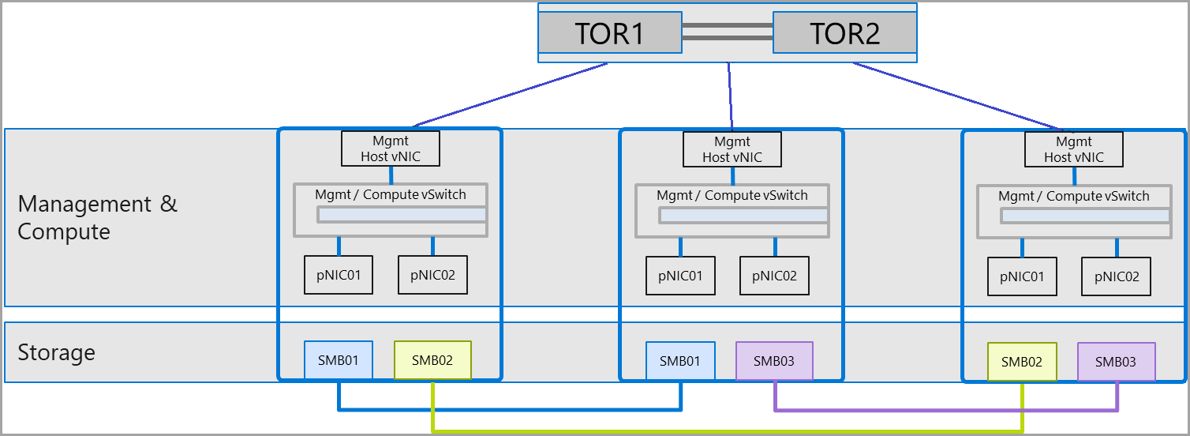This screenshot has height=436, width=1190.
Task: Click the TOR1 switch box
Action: pyautogui.click(x=609, y=33)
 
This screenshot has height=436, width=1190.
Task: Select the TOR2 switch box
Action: pyautogui.click(x=844, y=33)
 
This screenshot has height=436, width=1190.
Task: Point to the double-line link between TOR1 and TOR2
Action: pyautogui.click(x=727, y=32)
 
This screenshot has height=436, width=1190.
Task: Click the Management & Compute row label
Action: pyautogui.click(x=97, y=218)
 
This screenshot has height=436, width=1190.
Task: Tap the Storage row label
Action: pyautogui.click(x=56, y=352)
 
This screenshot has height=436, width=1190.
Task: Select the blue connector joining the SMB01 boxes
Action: pyautogui.click(x=509, y=409)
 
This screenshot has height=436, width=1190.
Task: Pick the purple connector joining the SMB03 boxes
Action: pyautogui.click(x=947, y=409)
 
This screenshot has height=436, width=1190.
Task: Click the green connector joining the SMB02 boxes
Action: pyautogui.click(x=726, y=431)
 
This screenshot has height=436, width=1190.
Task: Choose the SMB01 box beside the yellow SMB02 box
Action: pyautogui.click(x=338, y=360)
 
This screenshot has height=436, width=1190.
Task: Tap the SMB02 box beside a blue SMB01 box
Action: pyautogui.click(x=432, y=360)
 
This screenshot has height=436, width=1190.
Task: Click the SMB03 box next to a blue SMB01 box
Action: pyautogui.click(x=774, y=361)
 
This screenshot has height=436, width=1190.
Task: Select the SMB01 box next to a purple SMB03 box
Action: pyautogui.click(x=680, y=361)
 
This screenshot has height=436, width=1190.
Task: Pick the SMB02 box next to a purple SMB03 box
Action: pyautogui.click(x=1022, y=362)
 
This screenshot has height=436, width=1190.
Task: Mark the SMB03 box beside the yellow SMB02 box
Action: pyautogui.click(x=1116, y=362)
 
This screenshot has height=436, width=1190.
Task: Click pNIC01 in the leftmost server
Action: pyautogui.click(x=339, y=275)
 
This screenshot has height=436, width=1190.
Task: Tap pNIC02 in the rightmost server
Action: pyautogui.click(x=1117, y=276)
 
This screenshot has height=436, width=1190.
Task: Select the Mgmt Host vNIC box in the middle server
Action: pyautogui.click(x=732, y=148)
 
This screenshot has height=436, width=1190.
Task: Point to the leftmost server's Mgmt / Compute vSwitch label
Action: pyautogui.click(x=391, y=194)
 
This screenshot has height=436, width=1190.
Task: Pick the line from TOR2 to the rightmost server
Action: pyautogui.click(x=955, y=96)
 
